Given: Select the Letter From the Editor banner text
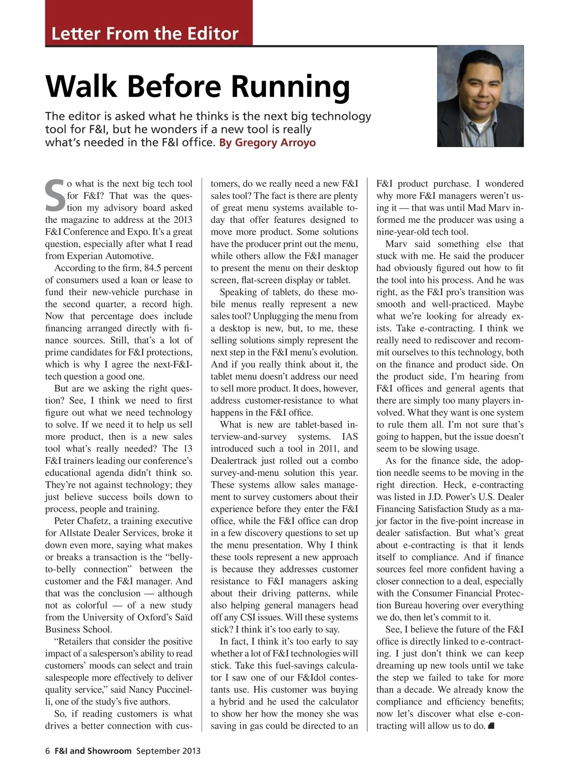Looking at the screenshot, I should [145, 34].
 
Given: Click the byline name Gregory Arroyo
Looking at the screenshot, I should [275, 143].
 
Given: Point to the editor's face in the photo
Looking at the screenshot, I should [480, 88].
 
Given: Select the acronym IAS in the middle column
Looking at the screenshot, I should [349, 437].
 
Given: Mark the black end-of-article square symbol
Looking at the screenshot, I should [491, 726].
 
